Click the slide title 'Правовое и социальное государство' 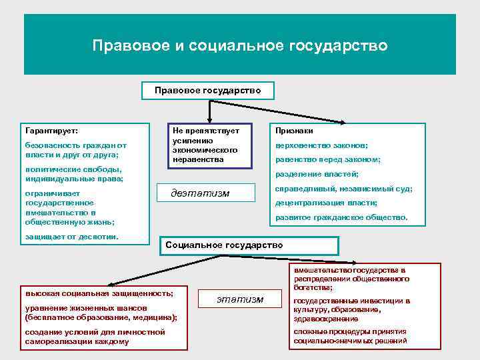[240, 46]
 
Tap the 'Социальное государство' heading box [224, 245]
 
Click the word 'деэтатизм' [200, 193]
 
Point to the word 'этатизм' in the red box [240, 299]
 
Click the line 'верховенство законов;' [317, 145]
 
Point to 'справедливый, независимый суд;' [343, 189]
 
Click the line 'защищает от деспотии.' [71, 237]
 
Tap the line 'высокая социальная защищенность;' [99, 293]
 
